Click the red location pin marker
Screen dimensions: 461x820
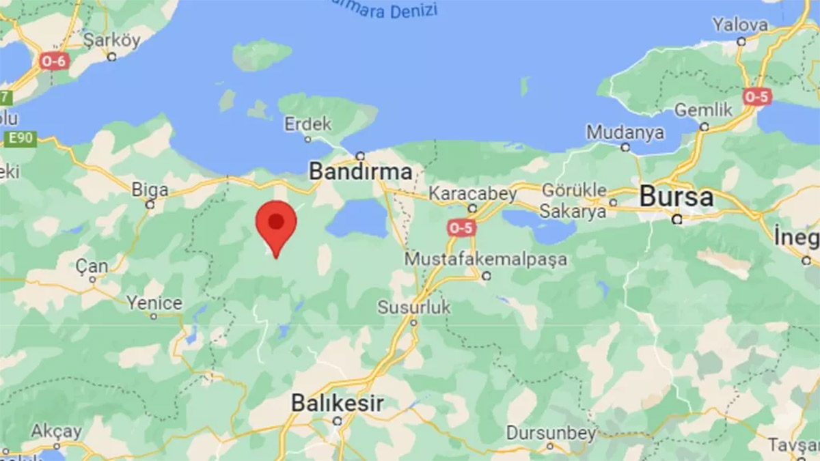[x=276, y=225]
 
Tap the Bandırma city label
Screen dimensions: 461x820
[x=361, y=171]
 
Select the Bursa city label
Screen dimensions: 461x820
[x=676, y=197]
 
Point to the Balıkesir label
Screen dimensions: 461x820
[x=337, y=403]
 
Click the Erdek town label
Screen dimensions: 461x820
[x=308, y=124]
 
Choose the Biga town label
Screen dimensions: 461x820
[x=150, y=188]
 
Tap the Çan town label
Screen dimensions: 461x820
[x=92, y=266]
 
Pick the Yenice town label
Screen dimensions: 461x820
[x=154, y=303]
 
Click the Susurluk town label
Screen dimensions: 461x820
[x=414, y=307]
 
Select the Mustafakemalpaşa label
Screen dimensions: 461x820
[x=486, y=260]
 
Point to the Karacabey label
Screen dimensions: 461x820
[x=472, y=193]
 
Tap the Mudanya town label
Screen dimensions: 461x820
[x=625, y=132]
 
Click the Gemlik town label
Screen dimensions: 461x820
[x=703, y=110]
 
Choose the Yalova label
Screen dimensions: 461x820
[x=740, y=25]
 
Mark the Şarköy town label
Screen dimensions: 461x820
[x=111, y=40]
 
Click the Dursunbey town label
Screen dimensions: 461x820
[x=551, y=432]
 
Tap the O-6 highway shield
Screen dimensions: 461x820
[x=53, y=61]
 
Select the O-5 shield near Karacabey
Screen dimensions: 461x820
[x=461, y=228]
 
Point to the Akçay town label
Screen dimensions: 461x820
[x=56, y=432]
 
